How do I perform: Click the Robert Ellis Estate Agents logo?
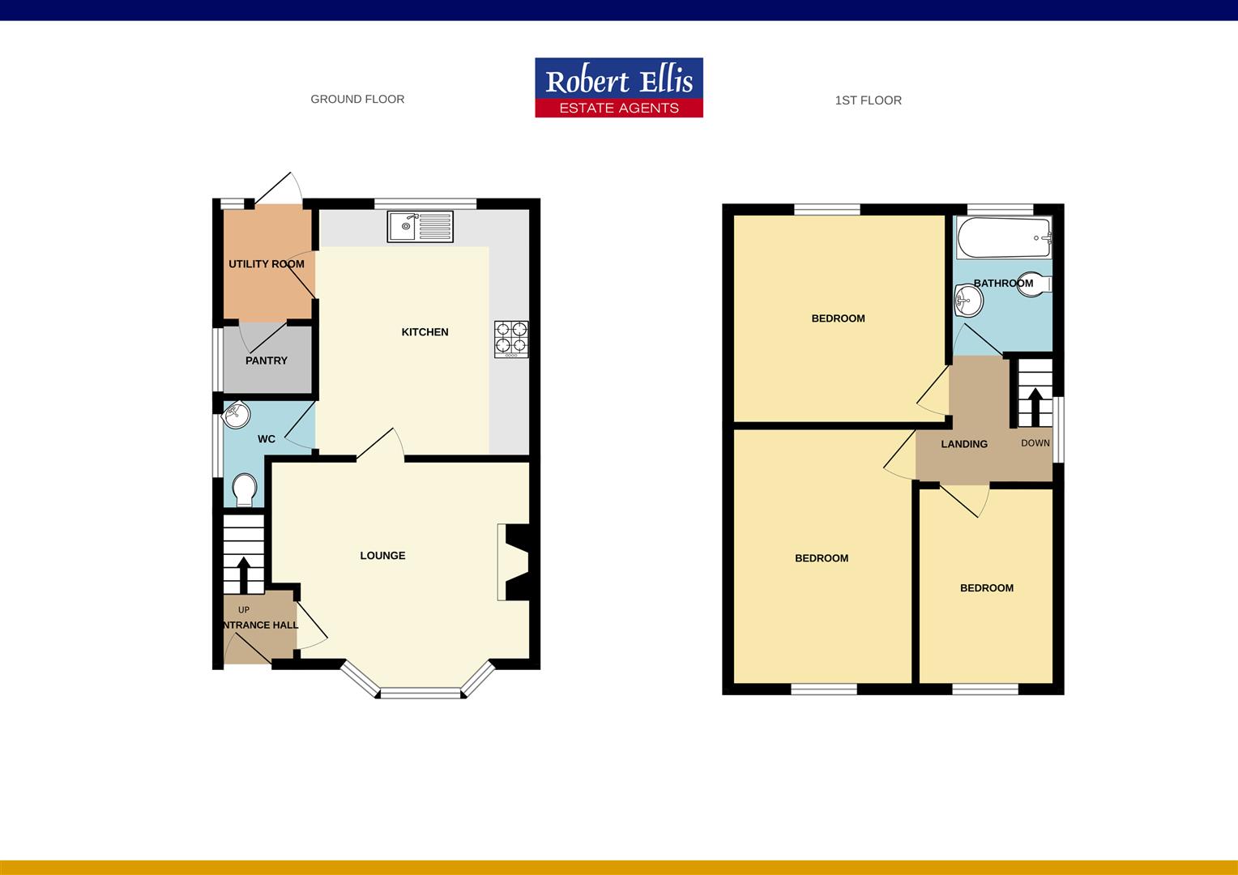(619, 87)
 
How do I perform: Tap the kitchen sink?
(420, 226)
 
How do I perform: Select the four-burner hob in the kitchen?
(511, 339)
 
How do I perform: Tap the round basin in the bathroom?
(968, 301)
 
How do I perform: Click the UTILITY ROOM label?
(267, 264)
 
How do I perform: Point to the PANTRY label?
(267, 361)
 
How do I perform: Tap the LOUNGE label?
(382, 556)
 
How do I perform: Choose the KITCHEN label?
(425, 332)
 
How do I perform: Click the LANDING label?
(964, 444)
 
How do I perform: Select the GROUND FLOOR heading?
(357, 99)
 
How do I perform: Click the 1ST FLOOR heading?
(868, 100)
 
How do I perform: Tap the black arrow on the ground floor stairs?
(242, 574)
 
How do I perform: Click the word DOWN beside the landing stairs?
(1035, 443)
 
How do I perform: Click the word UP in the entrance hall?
(244, 610)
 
